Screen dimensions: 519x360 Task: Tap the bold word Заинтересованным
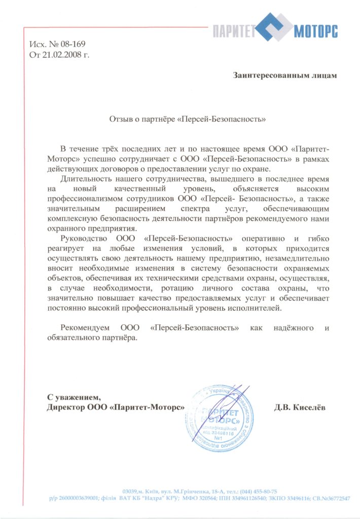tap(271, 76)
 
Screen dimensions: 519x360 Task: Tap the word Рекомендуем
tap(85, 328)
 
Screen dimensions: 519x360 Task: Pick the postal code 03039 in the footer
tap(132, 492)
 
